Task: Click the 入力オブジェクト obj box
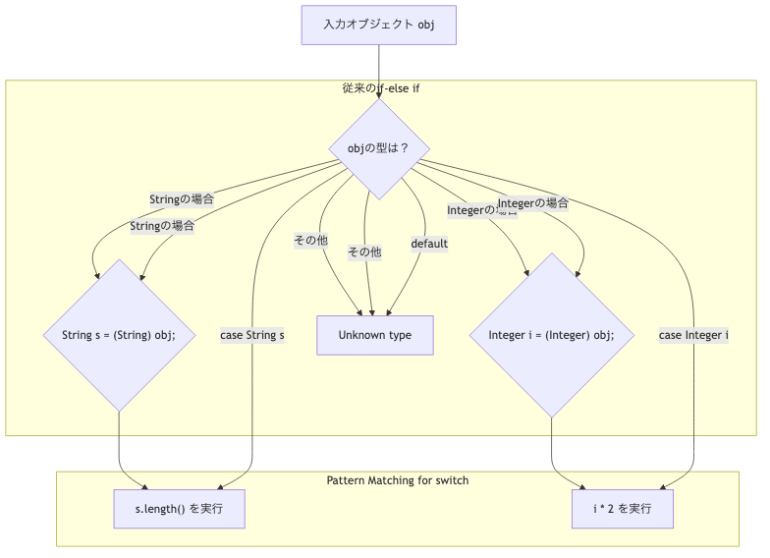[x=378, y=25]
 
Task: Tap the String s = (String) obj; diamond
[x=119, y=335]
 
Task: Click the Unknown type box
[x=375, y=335]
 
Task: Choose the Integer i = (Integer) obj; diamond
[x=551, y=335]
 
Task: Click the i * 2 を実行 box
[x=624, y=509]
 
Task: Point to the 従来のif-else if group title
[x=381, y=88]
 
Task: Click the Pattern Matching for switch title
[x=397, y=480]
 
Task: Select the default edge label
[x=429, y=244]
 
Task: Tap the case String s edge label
[x=252, y=335]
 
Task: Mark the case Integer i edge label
[x=693, y=335]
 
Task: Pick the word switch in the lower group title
[x=450, y=480]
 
